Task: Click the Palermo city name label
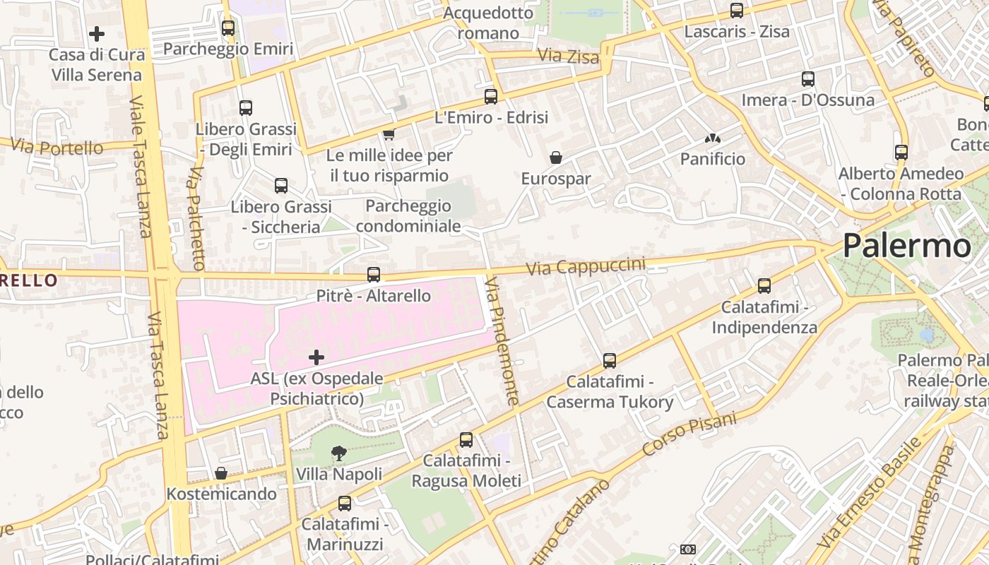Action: (x=907, y=246)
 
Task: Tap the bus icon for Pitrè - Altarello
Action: (x=374, y=275)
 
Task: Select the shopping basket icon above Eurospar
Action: (x=556, y=157)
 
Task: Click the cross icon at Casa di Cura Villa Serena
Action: (x=97, y=33)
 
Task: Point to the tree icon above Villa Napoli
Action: (x=339, y=453)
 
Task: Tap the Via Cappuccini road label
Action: (x=586, y=267)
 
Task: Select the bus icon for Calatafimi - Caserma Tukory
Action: (x=610, y=361)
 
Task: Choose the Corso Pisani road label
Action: (x=689, y=434)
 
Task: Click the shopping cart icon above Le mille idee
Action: (x=389, y=134)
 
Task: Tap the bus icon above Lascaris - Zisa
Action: (x=737, y=11)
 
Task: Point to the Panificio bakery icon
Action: (x=713, y=138)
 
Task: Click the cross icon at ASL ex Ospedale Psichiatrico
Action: (x=316, y=357)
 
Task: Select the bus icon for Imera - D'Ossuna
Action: (x=808, y=79)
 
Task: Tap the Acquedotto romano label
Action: (x=488, y=23)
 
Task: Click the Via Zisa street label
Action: (x=568, y=56)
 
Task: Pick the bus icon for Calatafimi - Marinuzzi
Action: (x=345, y=504)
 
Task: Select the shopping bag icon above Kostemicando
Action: (x=221, y=473)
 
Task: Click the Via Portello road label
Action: (x=57, y=148)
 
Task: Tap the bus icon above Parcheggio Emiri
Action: (x=228, y=28)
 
